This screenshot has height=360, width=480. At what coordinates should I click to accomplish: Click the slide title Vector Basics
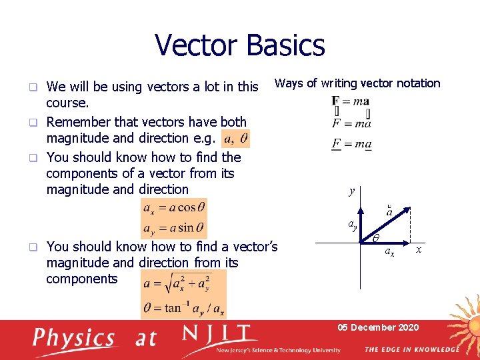(240, 45)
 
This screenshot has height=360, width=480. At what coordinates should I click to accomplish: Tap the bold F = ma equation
(351, 101)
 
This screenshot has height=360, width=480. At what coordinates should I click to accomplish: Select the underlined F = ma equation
(351, 144)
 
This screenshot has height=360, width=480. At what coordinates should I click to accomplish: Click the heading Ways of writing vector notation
(357, 83)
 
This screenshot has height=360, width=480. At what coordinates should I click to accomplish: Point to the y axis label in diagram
(352, 192)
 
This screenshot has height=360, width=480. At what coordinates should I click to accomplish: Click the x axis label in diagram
(419, 249)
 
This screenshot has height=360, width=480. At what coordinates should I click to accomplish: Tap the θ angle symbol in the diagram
(376, 238)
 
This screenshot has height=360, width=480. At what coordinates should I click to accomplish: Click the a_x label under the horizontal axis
(389, 253)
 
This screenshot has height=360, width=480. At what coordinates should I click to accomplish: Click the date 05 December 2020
(378, 327)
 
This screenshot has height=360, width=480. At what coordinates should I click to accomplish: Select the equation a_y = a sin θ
(173, 229)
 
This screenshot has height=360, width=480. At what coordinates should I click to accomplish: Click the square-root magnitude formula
(183, 285)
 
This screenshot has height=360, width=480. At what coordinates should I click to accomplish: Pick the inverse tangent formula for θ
(183, 309)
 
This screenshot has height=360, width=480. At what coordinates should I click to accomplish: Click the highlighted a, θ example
(237, 139)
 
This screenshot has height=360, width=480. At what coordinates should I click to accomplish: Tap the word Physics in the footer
(75, 337)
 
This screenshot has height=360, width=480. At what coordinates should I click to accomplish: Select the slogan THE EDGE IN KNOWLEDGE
(411, 349)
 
